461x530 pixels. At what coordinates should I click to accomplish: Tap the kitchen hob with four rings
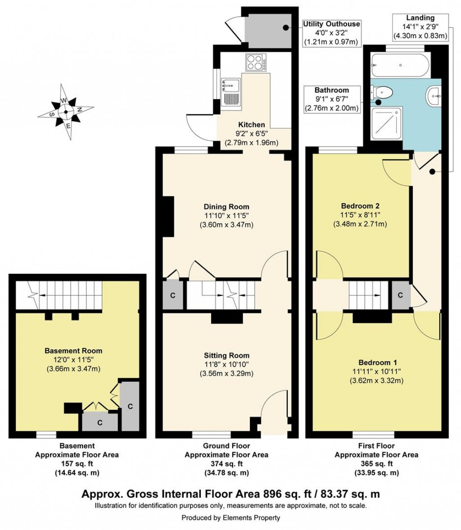(255, 62)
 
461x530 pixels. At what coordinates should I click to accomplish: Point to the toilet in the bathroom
(382, 93)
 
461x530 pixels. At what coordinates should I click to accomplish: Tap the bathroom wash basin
(434, 96)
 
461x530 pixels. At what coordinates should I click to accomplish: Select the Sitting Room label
(226, 355)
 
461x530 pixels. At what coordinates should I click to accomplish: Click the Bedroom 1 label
(377, 362)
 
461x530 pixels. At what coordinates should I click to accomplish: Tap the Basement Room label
(73, 351)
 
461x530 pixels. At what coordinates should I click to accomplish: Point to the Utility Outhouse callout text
(331, 24)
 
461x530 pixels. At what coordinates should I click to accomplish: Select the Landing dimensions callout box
(420, 27)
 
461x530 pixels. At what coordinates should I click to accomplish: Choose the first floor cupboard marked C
(400, 295)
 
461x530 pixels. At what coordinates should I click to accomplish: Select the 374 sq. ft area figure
(226, 464)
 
